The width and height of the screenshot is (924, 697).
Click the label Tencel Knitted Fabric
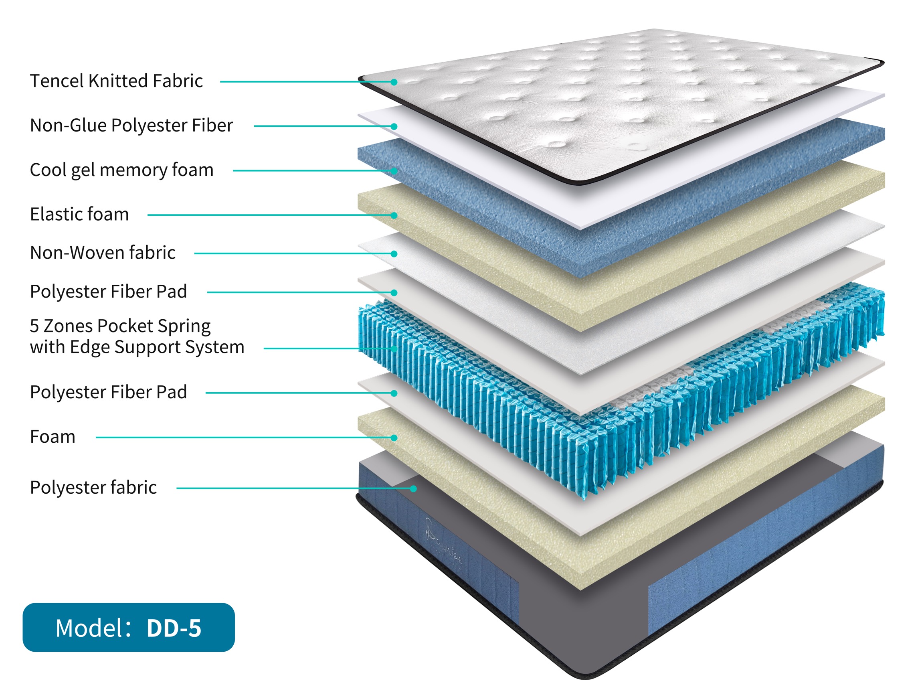point(116,81)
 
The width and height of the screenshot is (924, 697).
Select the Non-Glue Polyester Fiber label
point(131,126)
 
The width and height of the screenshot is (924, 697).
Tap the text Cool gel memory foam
point(121,170)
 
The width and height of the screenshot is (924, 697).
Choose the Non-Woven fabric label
point(102,253)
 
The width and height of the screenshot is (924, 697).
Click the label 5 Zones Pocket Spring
point(120,326)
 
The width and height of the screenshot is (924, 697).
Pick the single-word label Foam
point(53,437)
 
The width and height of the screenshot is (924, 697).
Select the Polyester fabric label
point(93,488)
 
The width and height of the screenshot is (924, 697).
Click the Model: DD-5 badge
point(128,628)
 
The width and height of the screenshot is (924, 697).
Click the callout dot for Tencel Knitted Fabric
point(394,82)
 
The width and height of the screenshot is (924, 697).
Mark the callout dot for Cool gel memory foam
point(394,171)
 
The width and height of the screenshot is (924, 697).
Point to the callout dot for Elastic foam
point(394,216)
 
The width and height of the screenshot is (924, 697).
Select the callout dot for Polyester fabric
point(413,488)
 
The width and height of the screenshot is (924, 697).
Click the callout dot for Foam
point(394,438)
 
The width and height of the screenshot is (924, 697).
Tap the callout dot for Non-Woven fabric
point(394,253)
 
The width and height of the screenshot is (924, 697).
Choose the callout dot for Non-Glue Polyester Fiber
point(394,126)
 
